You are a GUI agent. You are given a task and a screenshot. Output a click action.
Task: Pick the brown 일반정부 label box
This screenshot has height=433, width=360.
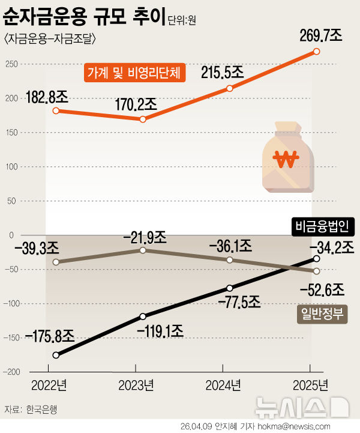pos(322,314)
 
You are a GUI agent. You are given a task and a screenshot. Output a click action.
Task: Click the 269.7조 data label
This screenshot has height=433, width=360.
pos(321,35)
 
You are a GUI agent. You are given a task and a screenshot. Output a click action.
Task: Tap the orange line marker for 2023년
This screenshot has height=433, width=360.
pos(142,120)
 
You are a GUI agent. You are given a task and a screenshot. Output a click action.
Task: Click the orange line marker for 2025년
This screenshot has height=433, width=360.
pos(317,52)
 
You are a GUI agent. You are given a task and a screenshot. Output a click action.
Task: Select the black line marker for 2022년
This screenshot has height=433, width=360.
pos(56,355)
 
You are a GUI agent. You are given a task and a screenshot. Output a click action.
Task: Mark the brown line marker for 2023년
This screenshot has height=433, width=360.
pos(142,250)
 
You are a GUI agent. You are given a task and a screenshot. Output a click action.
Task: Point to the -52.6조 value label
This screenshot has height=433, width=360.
pos(322,290)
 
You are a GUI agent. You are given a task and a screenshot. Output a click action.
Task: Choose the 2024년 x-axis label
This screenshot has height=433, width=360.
pos(223,384)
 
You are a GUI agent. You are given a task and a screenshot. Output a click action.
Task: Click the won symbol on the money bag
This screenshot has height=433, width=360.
pos(285,160)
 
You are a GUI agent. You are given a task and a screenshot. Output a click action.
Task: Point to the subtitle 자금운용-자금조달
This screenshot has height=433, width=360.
pos(50,40)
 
